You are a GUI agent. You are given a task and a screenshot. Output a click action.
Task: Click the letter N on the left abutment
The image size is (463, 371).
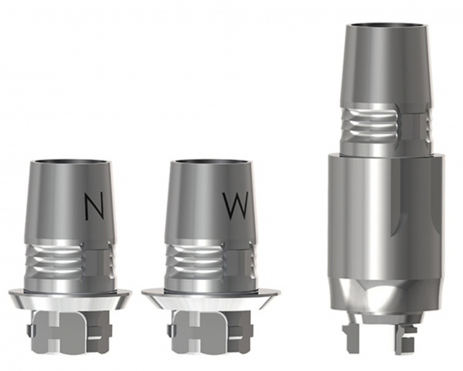[x=94, y=207]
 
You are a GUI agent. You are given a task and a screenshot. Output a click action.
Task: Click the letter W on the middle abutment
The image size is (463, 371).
[x=235, y=207]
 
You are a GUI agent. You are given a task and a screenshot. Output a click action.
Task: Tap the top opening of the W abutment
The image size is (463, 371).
[x=213, y=163]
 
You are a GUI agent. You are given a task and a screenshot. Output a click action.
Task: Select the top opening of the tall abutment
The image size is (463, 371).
[x=386, y=26]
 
